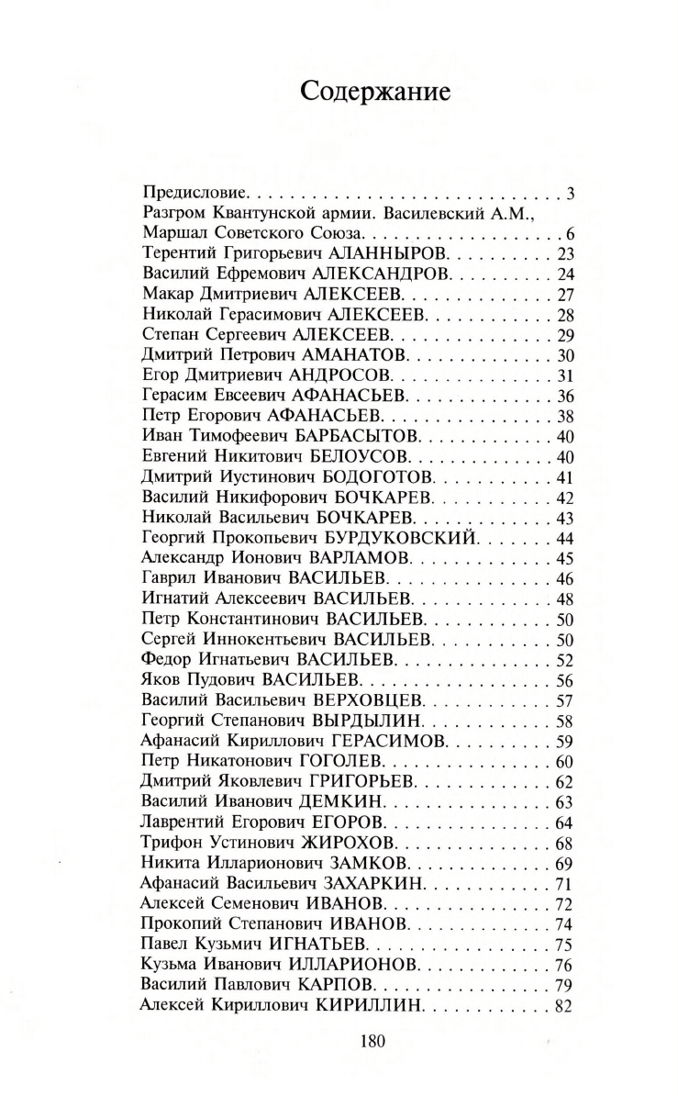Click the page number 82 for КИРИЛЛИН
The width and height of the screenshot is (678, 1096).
coord(563,1005)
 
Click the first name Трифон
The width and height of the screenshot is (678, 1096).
coord(171,843)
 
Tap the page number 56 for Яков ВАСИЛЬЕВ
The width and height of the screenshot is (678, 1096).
coord(563,680)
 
